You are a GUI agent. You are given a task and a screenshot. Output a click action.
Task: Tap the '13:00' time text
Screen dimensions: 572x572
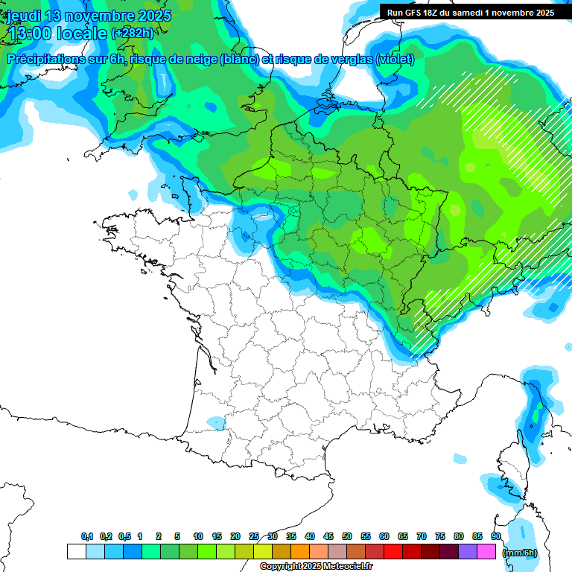(x=30, y=34)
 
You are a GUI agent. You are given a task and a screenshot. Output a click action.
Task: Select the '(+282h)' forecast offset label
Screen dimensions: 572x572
(x=133, y=34)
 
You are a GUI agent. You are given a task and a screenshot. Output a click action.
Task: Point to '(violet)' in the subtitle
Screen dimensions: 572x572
(x=394, y=59)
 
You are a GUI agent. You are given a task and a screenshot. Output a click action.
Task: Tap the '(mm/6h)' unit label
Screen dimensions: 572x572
(x=519, y=553)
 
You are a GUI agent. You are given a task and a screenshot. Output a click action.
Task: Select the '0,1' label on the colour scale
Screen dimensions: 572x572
(x=87, y=536)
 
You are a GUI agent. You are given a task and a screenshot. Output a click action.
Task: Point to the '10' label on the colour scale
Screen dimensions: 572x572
(x=198, y=536)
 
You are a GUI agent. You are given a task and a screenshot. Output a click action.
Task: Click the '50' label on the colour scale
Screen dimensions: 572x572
(x=347, y=536)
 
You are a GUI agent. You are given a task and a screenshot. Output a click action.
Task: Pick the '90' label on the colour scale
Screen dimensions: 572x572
(x=496, y=536)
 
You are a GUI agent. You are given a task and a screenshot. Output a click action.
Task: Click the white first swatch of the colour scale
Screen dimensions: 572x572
(x=76, y=552)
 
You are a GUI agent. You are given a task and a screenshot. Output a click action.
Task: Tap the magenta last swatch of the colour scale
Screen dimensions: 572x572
(x=486, y=552)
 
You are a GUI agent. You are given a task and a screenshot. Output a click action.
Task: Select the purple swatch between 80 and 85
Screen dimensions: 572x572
(x=468, y=552)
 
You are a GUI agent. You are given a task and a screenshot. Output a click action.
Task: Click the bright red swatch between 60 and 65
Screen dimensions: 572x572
(x=393, y=552)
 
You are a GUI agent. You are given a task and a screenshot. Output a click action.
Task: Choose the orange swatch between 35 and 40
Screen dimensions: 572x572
(x=300, y=552)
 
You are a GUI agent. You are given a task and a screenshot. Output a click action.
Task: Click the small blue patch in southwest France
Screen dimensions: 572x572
(x=216, y=423)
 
